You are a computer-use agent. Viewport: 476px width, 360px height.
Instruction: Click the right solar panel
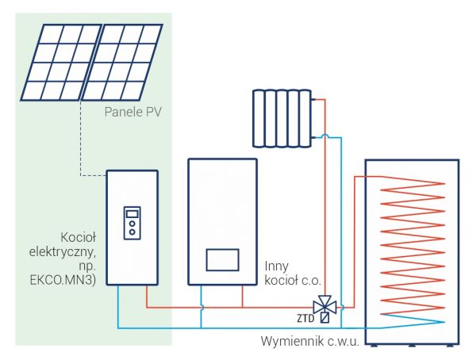point(127,63)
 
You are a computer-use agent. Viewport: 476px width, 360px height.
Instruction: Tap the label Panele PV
point(132,113)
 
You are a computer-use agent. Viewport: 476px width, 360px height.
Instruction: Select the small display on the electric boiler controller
point(132,213)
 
